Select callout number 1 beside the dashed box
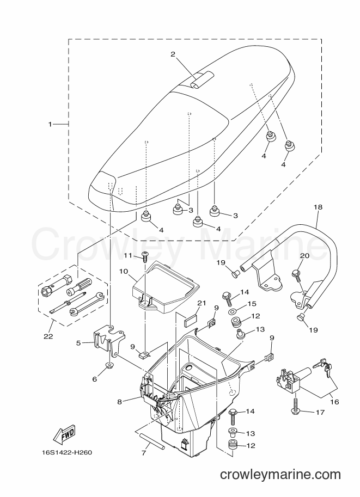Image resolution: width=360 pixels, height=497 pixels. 50,124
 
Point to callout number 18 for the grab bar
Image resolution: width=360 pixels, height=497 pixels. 318,207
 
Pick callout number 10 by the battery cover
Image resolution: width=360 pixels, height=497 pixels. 124,271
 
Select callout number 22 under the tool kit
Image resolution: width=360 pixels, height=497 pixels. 48,336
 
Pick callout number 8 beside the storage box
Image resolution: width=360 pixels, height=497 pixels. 119,402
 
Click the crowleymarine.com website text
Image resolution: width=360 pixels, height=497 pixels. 280,475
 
